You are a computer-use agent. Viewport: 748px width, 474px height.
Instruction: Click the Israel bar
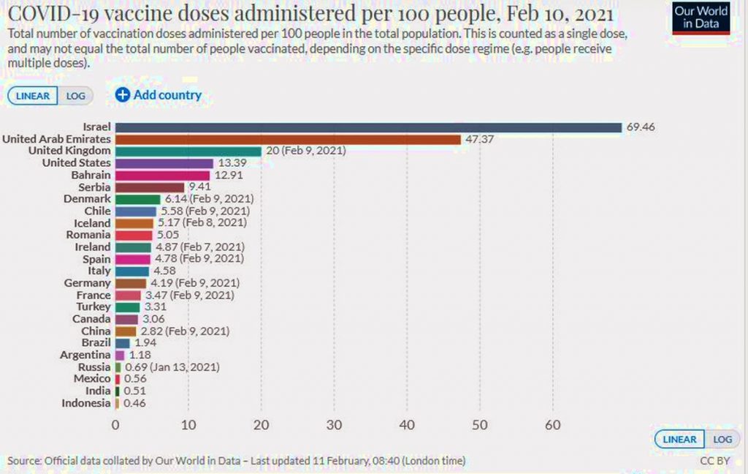pos(367,127)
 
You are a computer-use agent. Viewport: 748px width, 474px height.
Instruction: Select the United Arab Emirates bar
pos(288,139)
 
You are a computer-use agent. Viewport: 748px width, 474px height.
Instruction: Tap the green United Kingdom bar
pos(188,151)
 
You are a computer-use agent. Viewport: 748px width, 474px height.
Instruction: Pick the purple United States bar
pos(164,163)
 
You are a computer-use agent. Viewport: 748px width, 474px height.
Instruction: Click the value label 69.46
pos(641,127)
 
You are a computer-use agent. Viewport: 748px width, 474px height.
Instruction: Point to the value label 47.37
pos(480,139)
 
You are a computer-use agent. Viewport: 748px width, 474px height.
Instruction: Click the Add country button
pos(159,95)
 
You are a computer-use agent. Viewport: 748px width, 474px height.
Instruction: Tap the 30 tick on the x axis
pos(334,425)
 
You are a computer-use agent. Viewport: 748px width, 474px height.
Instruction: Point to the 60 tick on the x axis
pos(552,425)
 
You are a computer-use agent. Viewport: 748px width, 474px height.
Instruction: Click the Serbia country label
pos(94,187)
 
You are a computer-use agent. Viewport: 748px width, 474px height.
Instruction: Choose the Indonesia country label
pos(85,403)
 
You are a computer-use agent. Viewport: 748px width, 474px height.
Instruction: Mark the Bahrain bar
pos(162,176)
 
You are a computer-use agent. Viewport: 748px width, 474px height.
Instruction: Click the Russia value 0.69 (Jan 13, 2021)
pos(172,367)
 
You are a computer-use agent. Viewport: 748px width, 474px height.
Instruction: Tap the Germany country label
pos(87,283)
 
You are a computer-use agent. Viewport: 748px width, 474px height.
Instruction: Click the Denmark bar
pos(137,199)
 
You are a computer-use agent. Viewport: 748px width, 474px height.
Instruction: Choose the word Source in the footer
pos(23,461)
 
